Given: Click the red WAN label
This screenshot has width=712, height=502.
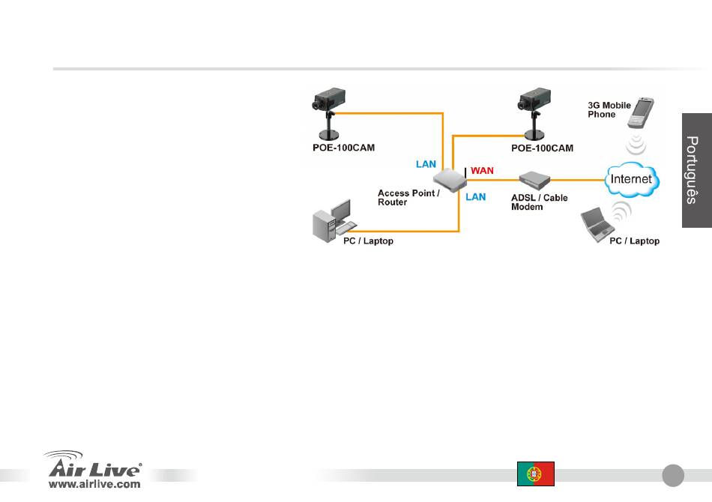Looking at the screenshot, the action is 482,171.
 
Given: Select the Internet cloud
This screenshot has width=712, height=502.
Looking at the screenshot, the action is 632,179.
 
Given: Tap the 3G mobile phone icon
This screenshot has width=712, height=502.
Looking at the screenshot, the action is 641,112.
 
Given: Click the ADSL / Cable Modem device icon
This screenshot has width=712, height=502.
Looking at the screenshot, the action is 534,180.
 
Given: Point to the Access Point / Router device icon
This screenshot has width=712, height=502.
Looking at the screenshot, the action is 450,180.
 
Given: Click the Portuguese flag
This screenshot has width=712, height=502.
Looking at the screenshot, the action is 536,474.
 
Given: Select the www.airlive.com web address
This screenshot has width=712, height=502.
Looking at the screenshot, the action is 94,484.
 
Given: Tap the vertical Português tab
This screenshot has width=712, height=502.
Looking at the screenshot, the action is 697,170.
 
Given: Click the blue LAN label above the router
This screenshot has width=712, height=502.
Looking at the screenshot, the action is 426,164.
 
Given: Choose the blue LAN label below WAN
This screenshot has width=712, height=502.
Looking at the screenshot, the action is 475,197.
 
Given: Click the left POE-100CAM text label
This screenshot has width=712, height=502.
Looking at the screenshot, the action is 344,148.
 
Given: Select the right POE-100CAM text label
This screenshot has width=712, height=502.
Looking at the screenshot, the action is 542,148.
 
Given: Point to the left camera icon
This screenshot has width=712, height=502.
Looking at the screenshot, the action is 328,114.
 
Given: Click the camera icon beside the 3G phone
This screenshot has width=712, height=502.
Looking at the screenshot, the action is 534,114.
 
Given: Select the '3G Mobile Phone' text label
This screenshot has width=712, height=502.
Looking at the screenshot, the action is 609,110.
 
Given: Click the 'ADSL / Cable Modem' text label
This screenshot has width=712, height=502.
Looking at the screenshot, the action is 539,202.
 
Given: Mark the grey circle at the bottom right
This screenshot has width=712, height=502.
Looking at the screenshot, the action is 673,475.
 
